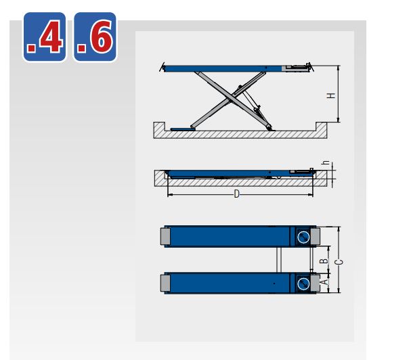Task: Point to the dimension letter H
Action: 331,95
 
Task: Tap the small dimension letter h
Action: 325,162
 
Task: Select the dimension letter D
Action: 236,194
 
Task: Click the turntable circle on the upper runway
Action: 304,236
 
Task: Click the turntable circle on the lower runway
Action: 304,282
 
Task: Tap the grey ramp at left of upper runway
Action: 165,236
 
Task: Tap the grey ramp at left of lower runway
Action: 165,282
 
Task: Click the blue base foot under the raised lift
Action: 182,128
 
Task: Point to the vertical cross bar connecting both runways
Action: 278,259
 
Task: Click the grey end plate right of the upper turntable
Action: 317,236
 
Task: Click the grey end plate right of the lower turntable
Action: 317,282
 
